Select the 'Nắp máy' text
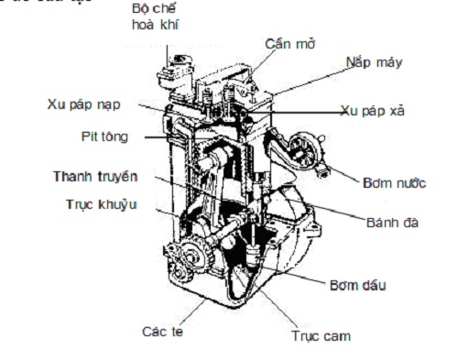coord(375,63)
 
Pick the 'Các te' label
coord(162,331)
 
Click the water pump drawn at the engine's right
coord(307,147)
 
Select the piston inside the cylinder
coord(220,156)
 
